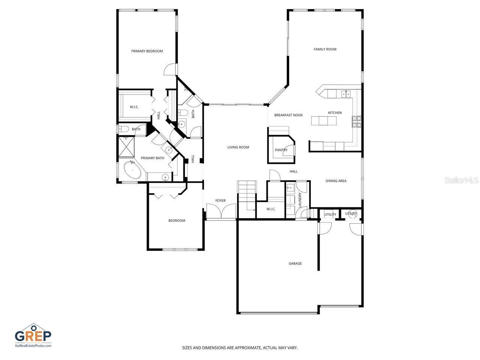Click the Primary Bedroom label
(x=147, y=51)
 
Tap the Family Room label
(x=325, y=49)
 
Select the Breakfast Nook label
(x=288, y=115)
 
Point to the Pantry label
(x=281, y=150)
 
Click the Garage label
(x=295, y=264)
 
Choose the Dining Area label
(x=336, y=181)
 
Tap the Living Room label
(x=238, y=147)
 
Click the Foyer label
(x=220, y=201)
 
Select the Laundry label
(x=300, y=199)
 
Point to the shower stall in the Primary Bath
(x=126, y=146)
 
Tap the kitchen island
(x=324, y=121)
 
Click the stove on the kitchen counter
(x=356, y=121)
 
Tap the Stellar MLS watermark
(x=461, y=180)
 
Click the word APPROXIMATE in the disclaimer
(x=245, y=348)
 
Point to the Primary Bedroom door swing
(x=170, y=69)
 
